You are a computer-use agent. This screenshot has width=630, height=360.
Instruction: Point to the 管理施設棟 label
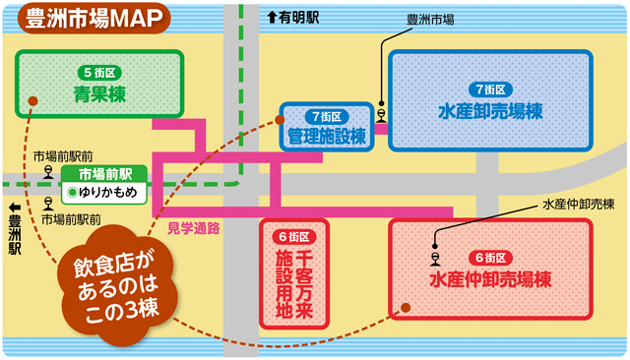pos(326,137)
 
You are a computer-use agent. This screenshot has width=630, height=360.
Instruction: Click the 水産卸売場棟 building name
pos(491,112)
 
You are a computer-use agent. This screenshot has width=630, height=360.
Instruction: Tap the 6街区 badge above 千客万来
pos(294,237)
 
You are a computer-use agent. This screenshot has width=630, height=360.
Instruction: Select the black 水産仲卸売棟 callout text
pos(578,206)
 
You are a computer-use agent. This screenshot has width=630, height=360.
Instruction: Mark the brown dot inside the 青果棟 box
pos(32,100)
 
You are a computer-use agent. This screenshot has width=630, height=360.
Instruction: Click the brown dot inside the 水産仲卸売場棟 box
pos(405,309)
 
